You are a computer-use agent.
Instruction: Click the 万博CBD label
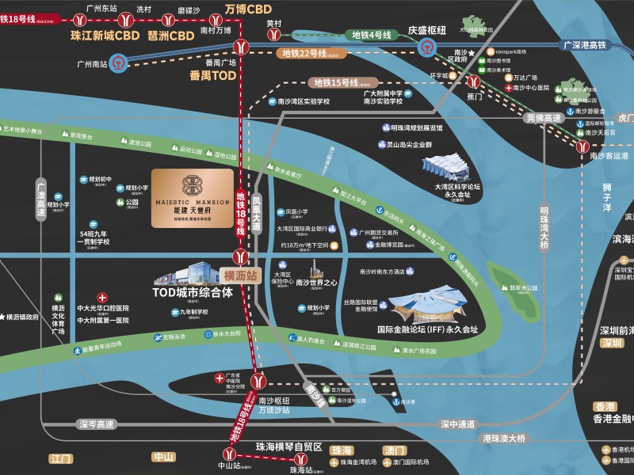click(248, 9)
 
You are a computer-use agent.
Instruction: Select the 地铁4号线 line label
click(372, 36)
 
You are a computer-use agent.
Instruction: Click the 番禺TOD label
click(212, 76)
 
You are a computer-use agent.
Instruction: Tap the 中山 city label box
click(163, 457)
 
